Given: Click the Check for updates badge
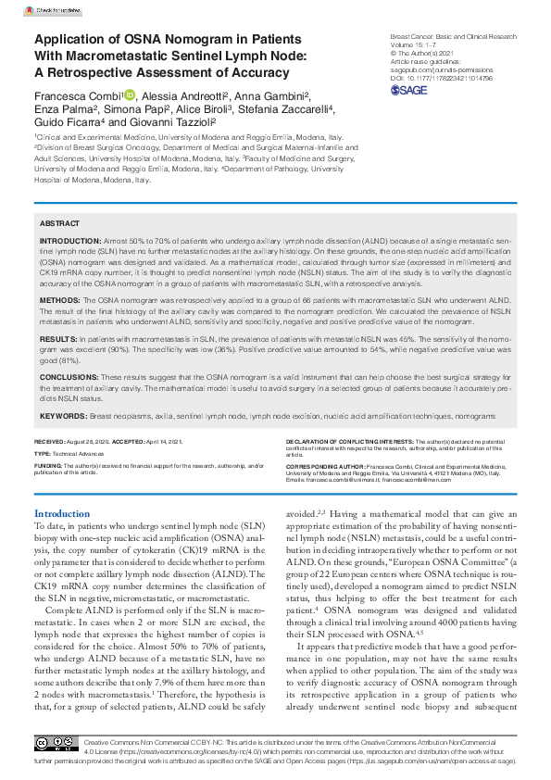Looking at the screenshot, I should (x=54, y=9).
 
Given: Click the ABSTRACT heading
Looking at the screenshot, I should (x=59, y=224).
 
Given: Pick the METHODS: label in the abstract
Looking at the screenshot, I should (x=60, y=301).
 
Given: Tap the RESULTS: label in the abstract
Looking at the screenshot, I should (x=58, y=341).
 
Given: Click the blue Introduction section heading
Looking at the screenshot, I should (x=62, y=513).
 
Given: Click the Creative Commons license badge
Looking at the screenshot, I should (x=56, y=744).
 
